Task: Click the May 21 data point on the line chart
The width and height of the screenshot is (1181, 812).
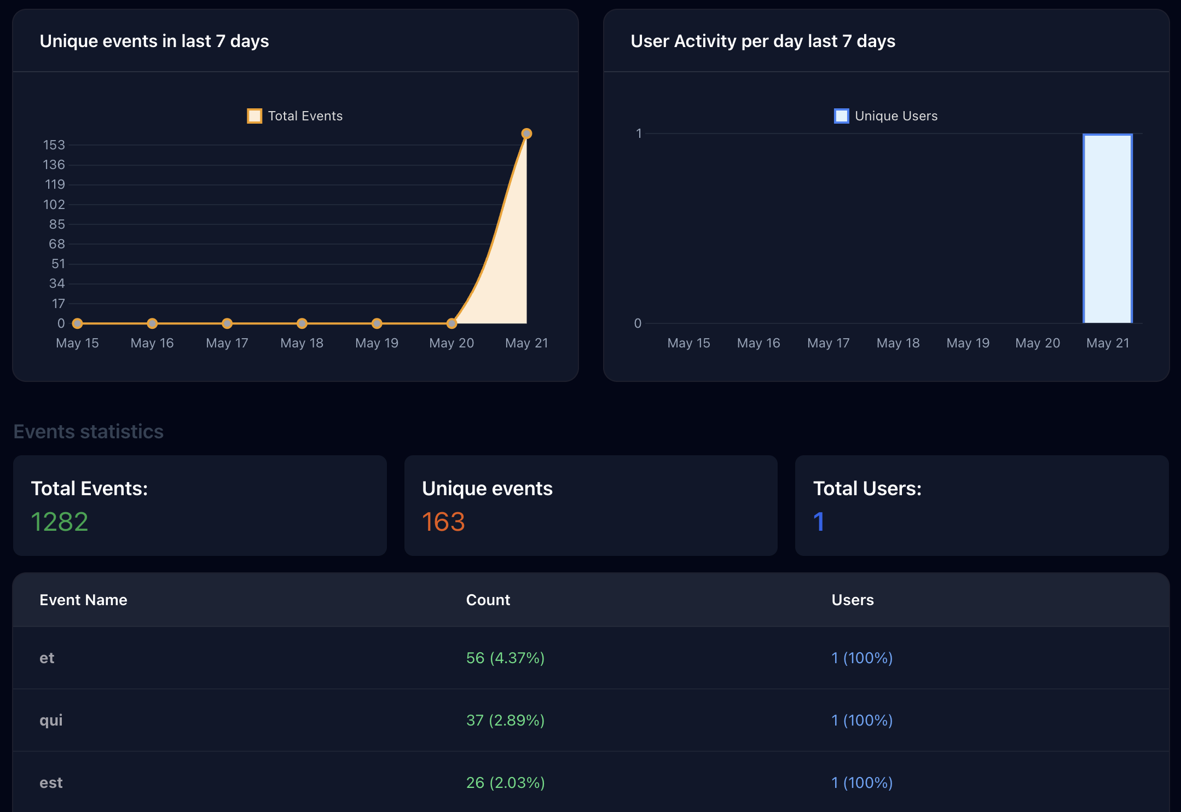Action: click(526, 134)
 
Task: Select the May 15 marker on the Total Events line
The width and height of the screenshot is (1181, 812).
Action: click(78, 323)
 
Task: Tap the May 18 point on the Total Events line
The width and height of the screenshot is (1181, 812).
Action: click(302, 323)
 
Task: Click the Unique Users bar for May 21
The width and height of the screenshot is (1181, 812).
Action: click(1107, 229)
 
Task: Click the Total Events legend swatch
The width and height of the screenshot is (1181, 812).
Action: click(254, 116)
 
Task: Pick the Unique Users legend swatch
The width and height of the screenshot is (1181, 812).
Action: click(841, 116)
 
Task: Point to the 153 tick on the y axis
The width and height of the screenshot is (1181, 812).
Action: click(54, 145)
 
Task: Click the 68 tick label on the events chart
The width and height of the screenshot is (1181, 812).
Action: click(56, 244)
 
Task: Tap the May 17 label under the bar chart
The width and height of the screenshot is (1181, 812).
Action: click(828, 343)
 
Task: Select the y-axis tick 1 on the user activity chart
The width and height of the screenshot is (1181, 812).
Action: click(638, 134)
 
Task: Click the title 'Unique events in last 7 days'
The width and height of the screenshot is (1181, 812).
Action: click(154, 41)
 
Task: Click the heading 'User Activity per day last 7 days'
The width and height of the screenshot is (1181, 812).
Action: click(763, 41)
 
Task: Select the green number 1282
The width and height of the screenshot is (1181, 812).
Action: click(60, 521)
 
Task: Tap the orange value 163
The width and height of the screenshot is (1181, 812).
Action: click(443, 521)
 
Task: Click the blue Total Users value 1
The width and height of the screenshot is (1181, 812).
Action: click(819, 521)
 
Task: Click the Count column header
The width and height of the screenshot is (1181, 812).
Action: click(488, 600)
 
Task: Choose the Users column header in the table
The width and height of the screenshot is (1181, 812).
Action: click(852, 600)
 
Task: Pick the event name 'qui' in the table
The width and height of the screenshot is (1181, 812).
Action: click(51, 720)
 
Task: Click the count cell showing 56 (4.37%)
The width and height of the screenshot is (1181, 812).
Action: click(505, 658)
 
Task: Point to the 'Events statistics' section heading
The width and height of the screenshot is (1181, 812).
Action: click(89, 432)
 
